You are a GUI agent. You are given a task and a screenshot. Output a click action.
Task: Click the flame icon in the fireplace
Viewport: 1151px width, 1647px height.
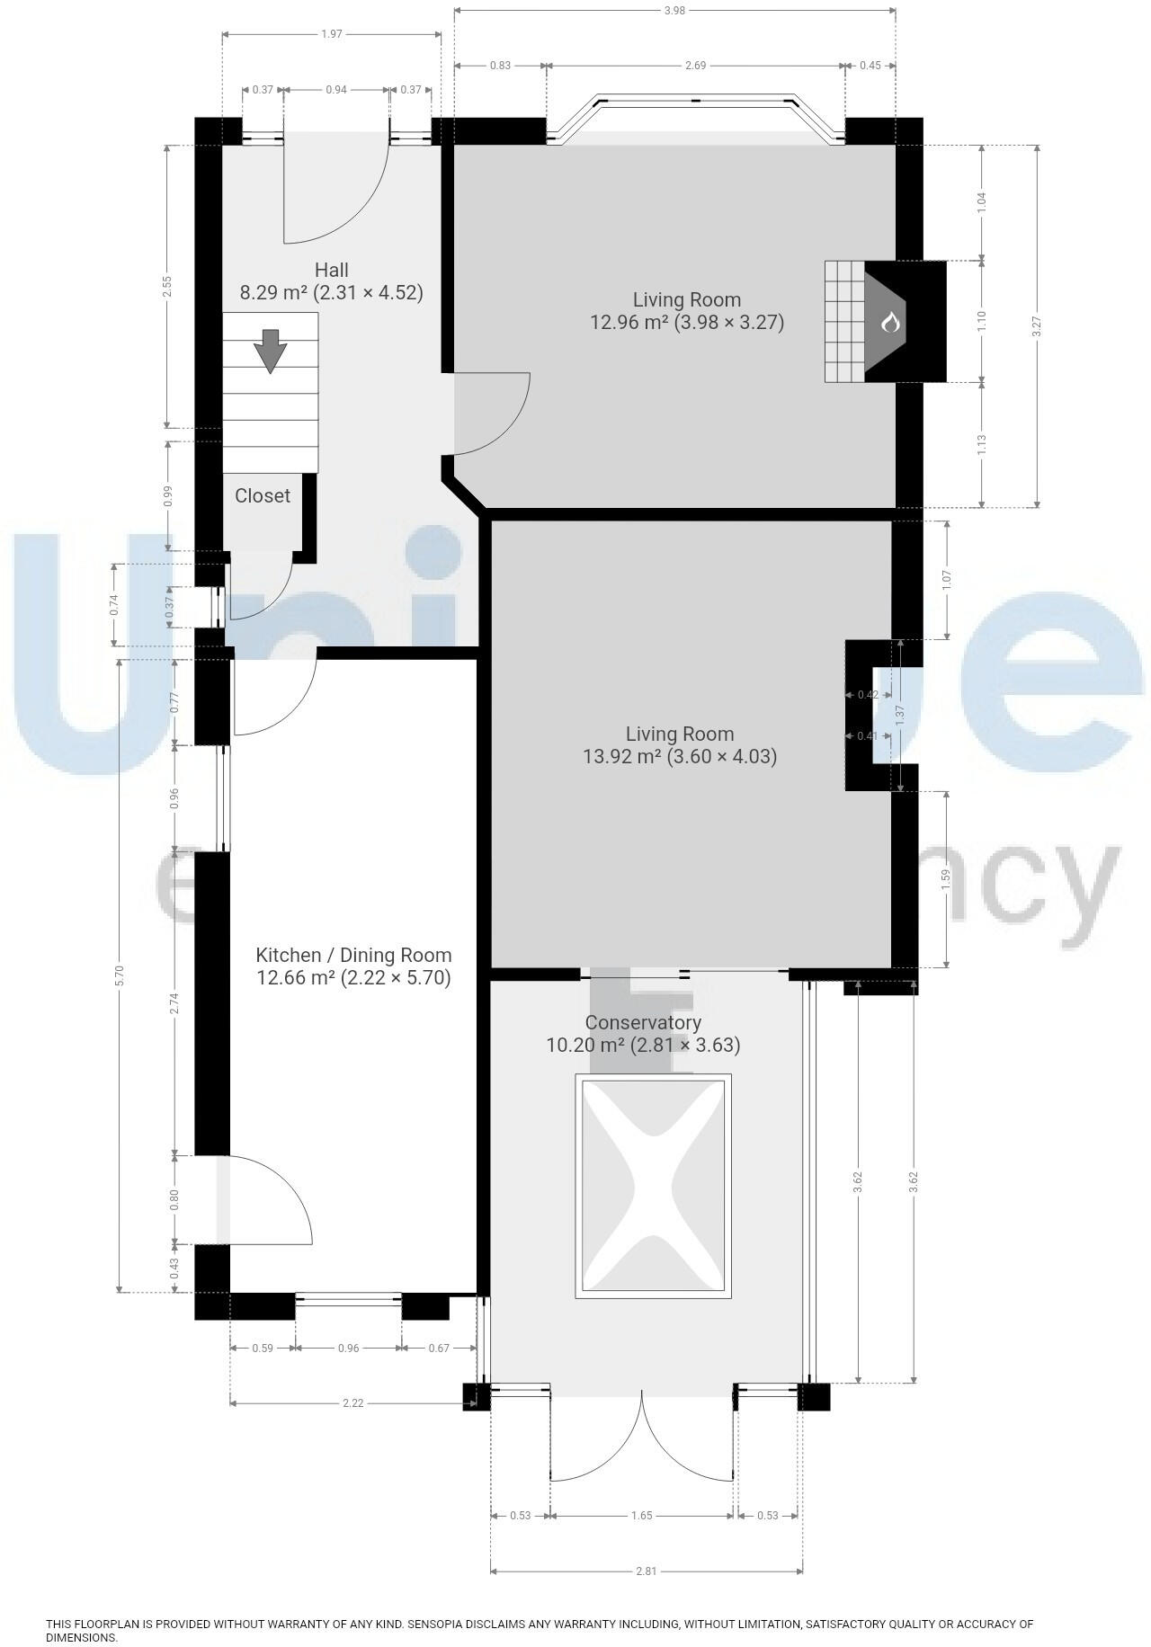[890, 322]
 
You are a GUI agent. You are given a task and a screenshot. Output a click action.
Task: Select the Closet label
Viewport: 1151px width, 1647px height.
[263, 495]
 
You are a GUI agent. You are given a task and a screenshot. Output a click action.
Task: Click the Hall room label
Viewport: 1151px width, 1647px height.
[331, 270]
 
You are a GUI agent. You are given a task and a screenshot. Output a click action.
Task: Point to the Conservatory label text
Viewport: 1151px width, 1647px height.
[643, 1022]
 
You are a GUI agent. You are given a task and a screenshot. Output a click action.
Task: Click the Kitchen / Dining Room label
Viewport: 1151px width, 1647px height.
[353, 955]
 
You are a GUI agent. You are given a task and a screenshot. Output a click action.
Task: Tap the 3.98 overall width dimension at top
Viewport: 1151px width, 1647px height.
[675, 11]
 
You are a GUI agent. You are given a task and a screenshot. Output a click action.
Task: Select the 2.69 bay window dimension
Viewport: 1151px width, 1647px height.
[695, 65]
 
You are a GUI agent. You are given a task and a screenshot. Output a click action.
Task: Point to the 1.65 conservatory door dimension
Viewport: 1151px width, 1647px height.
[642, 1516]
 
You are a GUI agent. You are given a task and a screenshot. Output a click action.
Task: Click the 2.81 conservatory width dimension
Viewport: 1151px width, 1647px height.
[646, 1571]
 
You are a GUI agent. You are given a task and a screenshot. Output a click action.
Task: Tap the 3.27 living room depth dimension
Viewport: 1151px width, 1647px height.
[1037, 326]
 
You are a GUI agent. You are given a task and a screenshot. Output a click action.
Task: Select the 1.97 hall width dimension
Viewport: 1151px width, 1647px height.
[331, 34]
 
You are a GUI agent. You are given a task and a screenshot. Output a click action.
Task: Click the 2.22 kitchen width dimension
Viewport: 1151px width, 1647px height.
[352, 1402]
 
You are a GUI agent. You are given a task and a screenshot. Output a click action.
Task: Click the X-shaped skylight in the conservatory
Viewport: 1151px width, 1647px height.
[653, 1186]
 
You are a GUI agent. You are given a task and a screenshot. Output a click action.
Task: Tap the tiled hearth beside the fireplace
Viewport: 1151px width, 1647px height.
[844, 322]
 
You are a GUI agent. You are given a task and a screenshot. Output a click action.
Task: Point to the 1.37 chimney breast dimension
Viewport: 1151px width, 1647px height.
[900, 716]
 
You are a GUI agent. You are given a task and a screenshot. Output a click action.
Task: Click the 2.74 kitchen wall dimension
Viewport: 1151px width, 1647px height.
[174, 1003]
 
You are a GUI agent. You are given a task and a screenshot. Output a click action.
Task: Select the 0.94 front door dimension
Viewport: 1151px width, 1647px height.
[336, 90]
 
